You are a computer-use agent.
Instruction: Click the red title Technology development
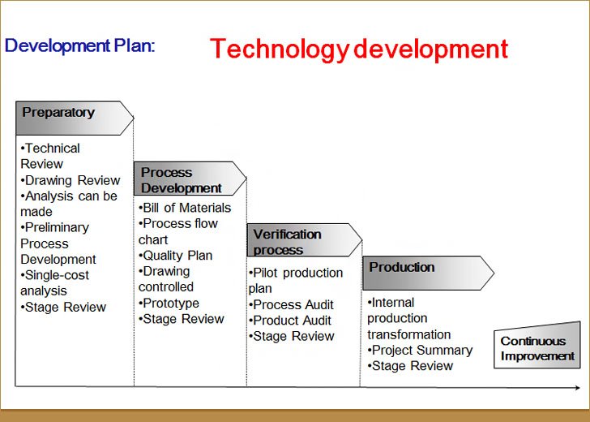pos(359,50)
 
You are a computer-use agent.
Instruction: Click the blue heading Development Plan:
pos(79,46)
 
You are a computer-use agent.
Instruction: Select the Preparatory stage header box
pos(75,118)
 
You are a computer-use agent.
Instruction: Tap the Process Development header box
pos(190,179)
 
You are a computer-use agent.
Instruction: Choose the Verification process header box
pos(305,240)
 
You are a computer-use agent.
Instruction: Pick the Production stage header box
pos(428,273)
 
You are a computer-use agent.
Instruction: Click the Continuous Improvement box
pos(537,345)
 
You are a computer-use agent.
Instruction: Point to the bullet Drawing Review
pos(71,180)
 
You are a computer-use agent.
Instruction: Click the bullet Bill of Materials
pos(185,208)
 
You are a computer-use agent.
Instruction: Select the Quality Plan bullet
pos(175,256)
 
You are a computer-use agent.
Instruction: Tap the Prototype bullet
pos(169,303)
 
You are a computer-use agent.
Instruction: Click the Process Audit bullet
pos(291,304)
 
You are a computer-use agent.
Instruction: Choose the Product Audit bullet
pos(290,321)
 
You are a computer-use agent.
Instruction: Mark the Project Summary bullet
pos(420,350)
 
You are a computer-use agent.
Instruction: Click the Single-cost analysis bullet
pos(54,283)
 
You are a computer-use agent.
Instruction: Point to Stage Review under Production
pos(410,366)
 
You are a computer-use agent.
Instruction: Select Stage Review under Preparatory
pos(63,307)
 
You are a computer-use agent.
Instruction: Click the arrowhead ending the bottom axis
pos(577,388)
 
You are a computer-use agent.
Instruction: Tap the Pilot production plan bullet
pos(296,281)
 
